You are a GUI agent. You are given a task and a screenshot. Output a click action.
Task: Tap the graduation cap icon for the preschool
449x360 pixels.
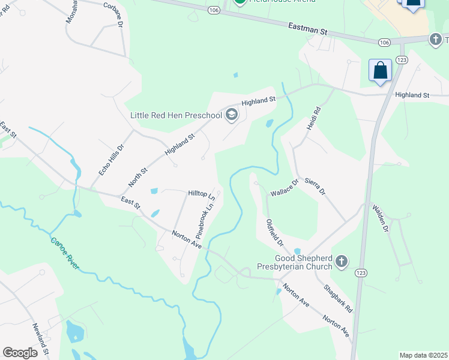pos(231,115)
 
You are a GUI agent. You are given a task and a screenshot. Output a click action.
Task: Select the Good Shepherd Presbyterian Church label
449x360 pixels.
pos(295,262)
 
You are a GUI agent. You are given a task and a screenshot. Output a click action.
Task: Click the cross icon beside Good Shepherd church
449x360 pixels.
pos(342,262)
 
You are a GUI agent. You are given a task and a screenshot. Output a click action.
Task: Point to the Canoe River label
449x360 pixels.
pos(64,253)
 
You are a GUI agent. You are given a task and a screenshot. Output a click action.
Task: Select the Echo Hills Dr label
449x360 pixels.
pos(110,159)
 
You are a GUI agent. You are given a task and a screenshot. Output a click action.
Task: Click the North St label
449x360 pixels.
pos(137,178)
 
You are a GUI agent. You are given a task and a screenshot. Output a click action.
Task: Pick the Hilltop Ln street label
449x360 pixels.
pos(201,194)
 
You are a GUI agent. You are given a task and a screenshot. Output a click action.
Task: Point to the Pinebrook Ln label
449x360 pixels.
pos(205,218)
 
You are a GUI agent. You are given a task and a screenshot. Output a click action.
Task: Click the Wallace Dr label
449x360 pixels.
pos(284,190)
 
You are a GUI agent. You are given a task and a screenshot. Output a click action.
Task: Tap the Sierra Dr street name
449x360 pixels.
pos(314,186)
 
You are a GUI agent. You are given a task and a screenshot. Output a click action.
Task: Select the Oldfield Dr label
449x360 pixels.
pos(274,233)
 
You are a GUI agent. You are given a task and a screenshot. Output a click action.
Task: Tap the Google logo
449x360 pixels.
pos(20,353)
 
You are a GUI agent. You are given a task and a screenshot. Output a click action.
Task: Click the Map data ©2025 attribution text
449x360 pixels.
pos(423,355)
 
